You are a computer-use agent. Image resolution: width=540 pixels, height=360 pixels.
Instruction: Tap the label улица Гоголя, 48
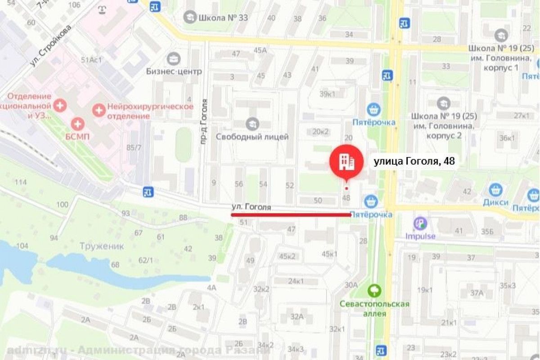tap(414, 162)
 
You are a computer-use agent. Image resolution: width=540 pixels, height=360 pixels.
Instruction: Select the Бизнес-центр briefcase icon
tap(173, 58)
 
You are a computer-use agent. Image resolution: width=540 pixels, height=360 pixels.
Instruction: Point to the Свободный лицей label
tap(252, 136)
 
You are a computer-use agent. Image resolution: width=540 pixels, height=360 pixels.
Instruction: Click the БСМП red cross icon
tap(78, 124)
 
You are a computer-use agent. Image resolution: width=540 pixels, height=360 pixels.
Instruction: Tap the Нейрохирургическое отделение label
tap(150, 111)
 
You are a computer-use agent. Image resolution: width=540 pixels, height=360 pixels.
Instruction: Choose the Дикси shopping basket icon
tap(495, 190)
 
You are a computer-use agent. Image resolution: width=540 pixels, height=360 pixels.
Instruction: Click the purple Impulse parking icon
tap(420, 222)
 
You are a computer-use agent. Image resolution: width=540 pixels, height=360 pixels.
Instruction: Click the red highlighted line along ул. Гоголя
tap(291, 215)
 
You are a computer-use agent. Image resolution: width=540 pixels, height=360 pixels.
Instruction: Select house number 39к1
tap(327, 94)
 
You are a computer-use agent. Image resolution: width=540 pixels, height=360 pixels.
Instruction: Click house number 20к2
tap(321, 131)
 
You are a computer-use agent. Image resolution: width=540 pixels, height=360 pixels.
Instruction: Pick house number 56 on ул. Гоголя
tap(238, 184)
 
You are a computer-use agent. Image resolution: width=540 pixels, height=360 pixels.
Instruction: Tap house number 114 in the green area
tap(21, 182)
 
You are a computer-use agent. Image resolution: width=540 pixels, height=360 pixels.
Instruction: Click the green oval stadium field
tap(183, 144)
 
